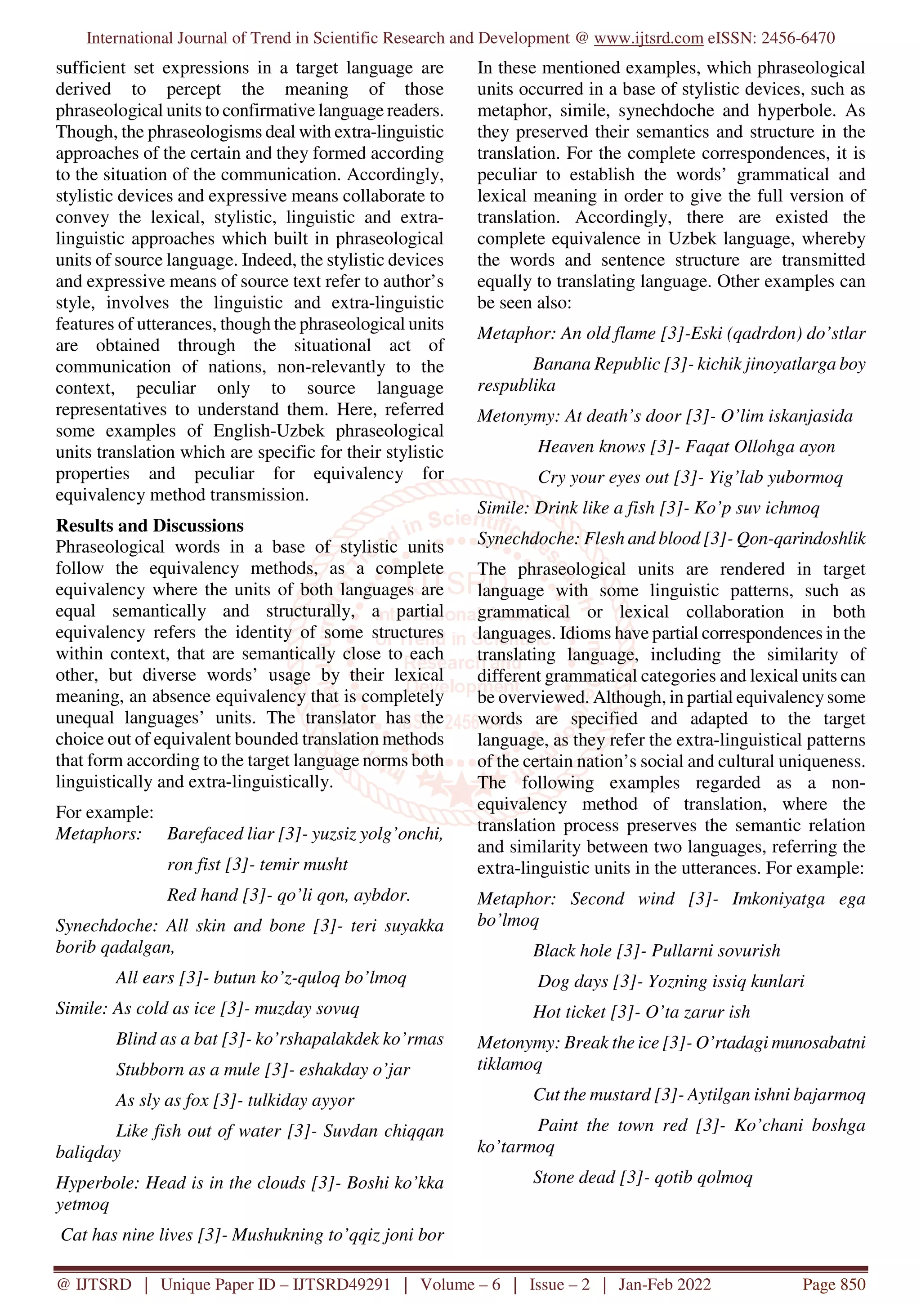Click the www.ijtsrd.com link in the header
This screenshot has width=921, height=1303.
click(648, 39)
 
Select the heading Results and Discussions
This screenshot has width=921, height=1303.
click(150, 526)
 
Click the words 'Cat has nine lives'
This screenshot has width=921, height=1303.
click(126, 1235)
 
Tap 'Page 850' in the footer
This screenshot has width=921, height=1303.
click(833, 1285)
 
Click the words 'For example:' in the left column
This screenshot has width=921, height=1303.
click(104, 812)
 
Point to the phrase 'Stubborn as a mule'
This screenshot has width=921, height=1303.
click(188, 1070)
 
